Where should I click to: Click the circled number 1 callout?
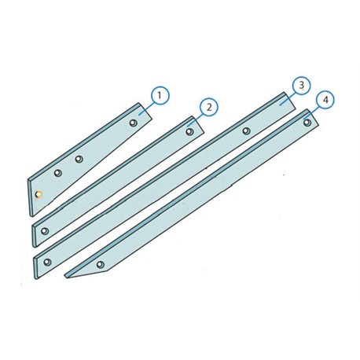point(160,95)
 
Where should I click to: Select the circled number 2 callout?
point(208,107)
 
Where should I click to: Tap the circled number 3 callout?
point(301,85)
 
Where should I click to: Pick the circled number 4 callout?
point(325,100)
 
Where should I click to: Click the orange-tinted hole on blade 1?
point(39,194)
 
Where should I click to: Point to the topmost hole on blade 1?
point(134,123)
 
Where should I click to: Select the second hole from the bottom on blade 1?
point(58,173)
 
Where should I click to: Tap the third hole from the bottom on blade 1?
point(79,159)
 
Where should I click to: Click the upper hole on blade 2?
point(189,131)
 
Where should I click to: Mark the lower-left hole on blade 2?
point(45,231)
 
